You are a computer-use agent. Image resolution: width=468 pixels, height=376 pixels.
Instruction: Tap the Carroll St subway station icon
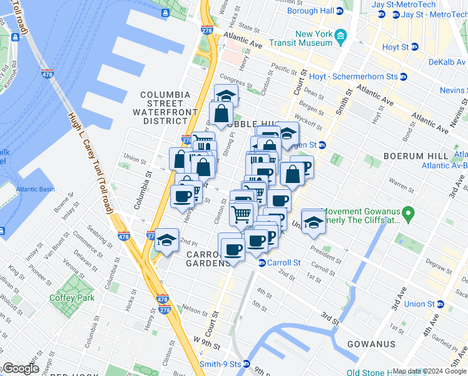point(262,263)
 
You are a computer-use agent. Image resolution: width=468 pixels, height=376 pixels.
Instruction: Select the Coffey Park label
point(73,298)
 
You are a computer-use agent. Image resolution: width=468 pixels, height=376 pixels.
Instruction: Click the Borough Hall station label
point(311,11)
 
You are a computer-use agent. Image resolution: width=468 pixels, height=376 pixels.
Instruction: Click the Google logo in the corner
point(21,368)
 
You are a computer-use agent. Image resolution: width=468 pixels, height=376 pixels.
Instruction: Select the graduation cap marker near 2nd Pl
point(166,240)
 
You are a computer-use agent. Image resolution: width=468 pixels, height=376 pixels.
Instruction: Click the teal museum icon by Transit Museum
point(340,34)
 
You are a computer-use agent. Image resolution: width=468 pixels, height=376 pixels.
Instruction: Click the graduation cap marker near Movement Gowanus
point(313,221)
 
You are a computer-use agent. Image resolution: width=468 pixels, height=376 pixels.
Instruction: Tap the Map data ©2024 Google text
point(429,372)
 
